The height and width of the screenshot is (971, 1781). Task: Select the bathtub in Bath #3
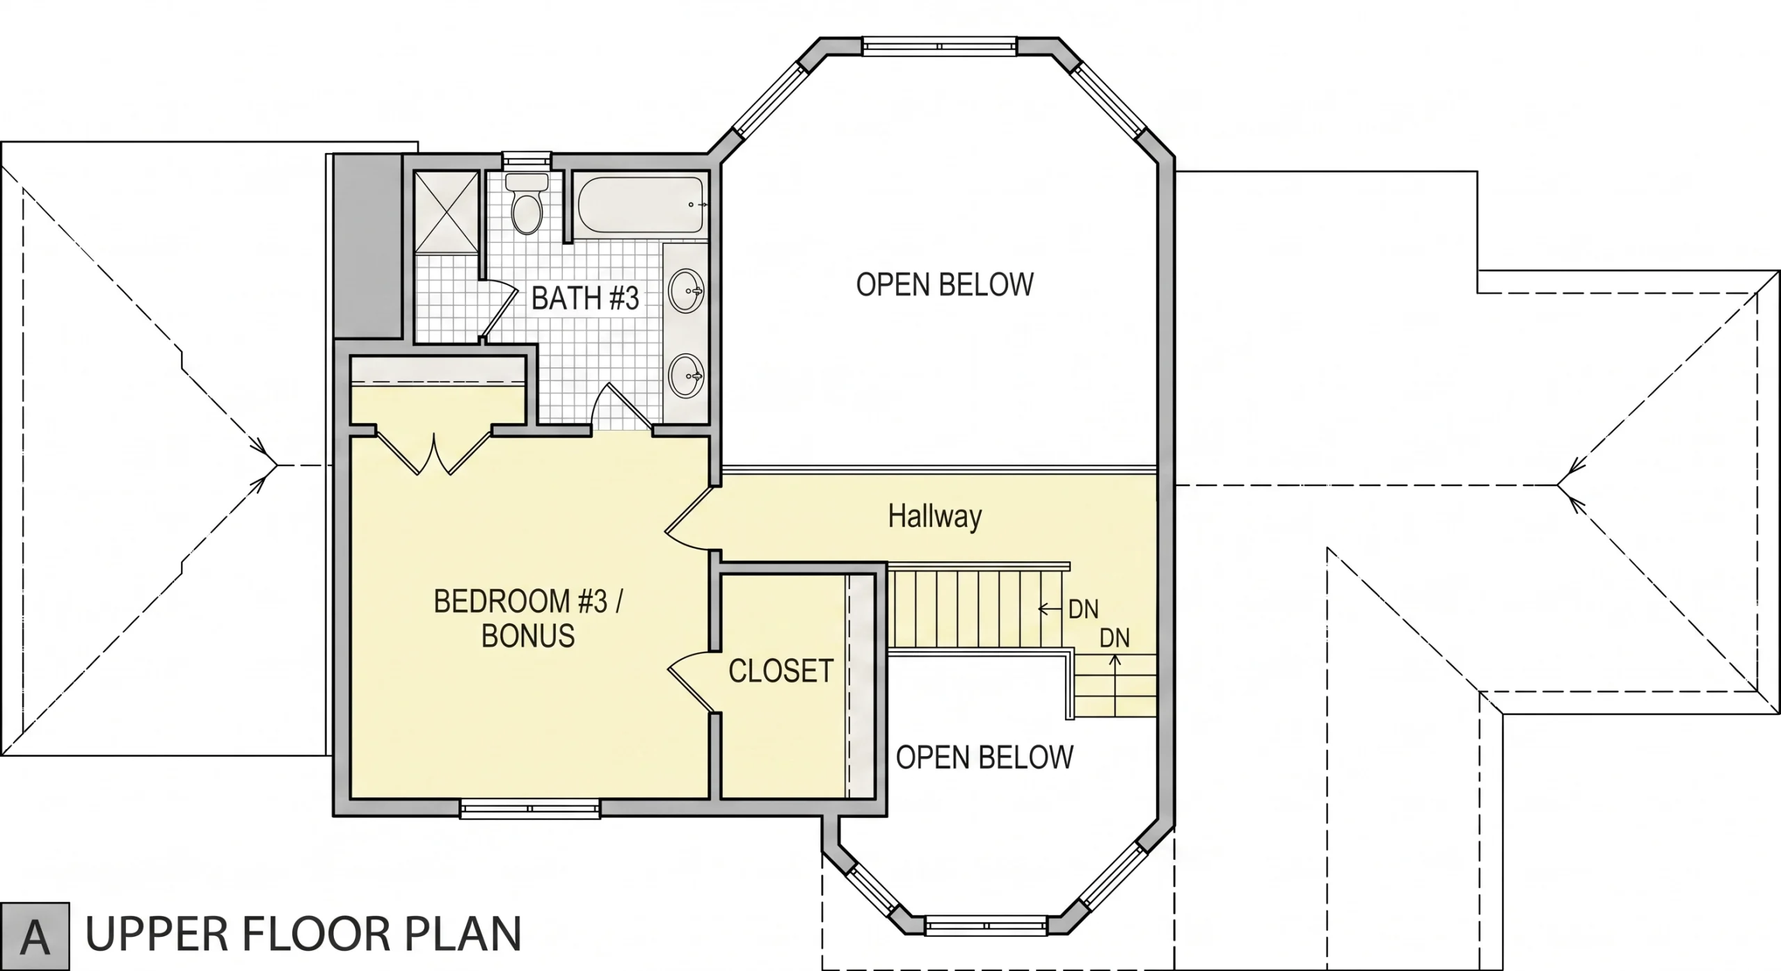tap(641, 205)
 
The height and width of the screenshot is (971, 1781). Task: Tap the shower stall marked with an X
tap(447, 212)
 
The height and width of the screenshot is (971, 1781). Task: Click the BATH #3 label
tap(585, 298)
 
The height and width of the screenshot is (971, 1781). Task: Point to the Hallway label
tap(935, 517)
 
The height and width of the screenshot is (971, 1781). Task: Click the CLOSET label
tap(781, 671)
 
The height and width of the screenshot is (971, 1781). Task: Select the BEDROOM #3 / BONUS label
tap(528, 618)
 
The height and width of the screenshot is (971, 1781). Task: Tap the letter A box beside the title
tap(35, 936)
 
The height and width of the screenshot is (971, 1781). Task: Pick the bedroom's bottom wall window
tap(530, 808)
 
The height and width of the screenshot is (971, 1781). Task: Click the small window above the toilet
tap(527, 160)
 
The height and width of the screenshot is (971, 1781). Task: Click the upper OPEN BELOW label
tap(945, 285)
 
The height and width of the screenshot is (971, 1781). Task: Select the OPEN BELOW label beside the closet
tap(984, 757)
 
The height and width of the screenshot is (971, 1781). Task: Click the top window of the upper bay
tap(940, 46)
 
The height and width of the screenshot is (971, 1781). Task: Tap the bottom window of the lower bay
tap(987, 925)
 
